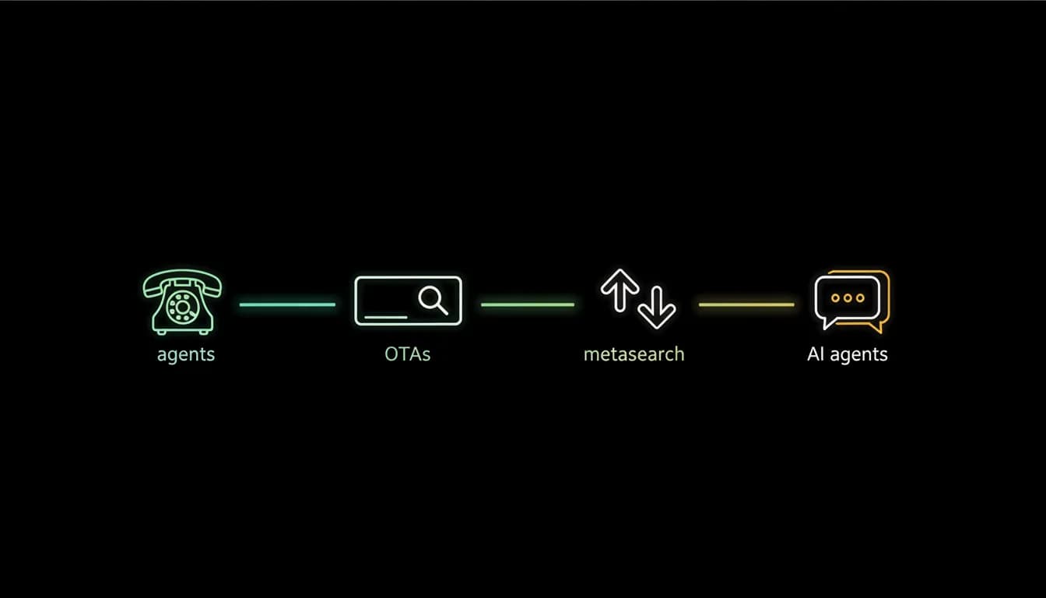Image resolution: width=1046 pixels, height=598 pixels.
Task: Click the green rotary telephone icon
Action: coord(182,302)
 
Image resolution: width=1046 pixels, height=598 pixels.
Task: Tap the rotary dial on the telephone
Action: coord(183,307)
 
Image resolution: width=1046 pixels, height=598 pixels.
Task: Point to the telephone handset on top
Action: coord(182,281)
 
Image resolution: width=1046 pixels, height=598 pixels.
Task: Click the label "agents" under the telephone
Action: coord(186,354)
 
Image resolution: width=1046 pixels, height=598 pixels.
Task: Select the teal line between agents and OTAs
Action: coord(287,304)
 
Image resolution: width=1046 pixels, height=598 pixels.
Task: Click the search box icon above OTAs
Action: coord(408,301)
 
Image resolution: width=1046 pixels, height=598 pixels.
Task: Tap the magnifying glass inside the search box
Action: coord(433,301)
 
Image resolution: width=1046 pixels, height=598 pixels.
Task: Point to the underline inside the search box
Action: coord(386,317)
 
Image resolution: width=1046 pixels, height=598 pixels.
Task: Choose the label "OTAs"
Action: coord(407,354)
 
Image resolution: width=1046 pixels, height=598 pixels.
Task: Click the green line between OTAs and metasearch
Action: coord(528,304)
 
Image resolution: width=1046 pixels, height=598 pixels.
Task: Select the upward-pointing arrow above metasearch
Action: coord(620,290)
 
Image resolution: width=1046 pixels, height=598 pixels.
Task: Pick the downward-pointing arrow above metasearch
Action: coord(657,308)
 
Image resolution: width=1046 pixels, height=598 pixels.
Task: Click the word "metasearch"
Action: coord(634,354)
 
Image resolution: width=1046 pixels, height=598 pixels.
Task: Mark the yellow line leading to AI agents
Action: coord(746,304)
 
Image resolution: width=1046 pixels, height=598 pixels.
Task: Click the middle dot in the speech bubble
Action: coord(848,297)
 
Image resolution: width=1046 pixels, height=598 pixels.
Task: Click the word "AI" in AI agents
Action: coord(816,354)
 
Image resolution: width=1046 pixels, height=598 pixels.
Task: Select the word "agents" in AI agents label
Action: coord(858,354)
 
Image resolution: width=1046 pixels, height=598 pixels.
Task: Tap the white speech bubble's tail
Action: coord(827,323)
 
